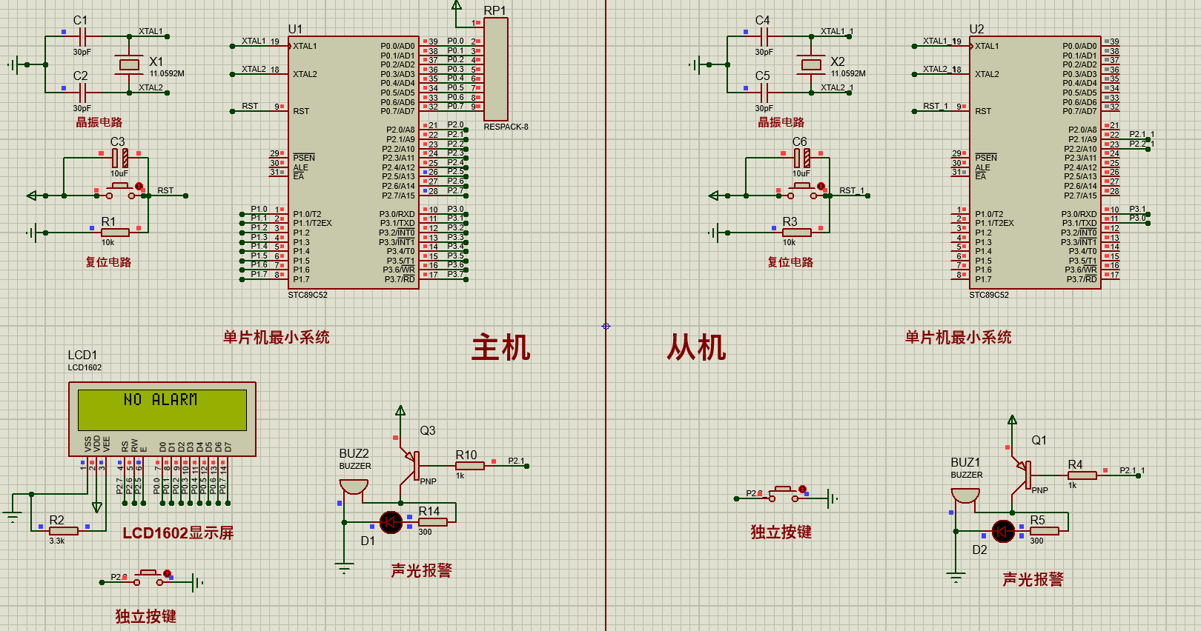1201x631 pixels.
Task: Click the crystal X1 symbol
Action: (x=129, y=64)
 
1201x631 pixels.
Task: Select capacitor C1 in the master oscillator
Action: (x=82, y=36)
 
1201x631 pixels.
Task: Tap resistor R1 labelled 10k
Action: (x=115, y=233)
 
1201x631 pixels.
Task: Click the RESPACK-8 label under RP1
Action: (x=506, y=127)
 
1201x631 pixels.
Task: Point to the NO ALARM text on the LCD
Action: (x=161, y=400)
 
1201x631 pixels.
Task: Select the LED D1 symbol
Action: (x=391, y=522)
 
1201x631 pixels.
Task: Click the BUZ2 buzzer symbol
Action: (x=354, y=487)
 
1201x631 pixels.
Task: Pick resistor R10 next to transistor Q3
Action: (x=469, y=466)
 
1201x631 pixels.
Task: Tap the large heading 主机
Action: (x=500, y=347)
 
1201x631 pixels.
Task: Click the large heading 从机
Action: (x=696, y=347)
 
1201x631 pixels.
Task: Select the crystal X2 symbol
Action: (x=811, y=64)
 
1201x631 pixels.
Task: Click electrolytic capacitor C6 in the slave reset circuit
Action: (x=801, y=158)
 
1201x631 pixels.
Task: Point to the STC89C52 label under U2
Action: (x=988, y=295)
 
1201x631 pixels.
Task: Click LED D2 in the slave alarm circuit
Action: (x=1003, y=531)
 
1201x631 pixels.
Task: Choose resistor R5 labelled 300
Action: (x=1044, y=531)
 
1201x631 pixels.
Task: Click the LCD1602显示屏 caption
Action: (x=178, y=533)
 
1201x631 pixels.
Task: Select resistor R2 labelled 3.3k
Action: (x=64, y=530)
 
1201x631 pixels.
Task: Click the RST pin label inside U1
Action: (x=301, y=111)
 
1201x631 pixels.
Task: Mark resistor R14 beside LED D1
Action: (x=433, y=522)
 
